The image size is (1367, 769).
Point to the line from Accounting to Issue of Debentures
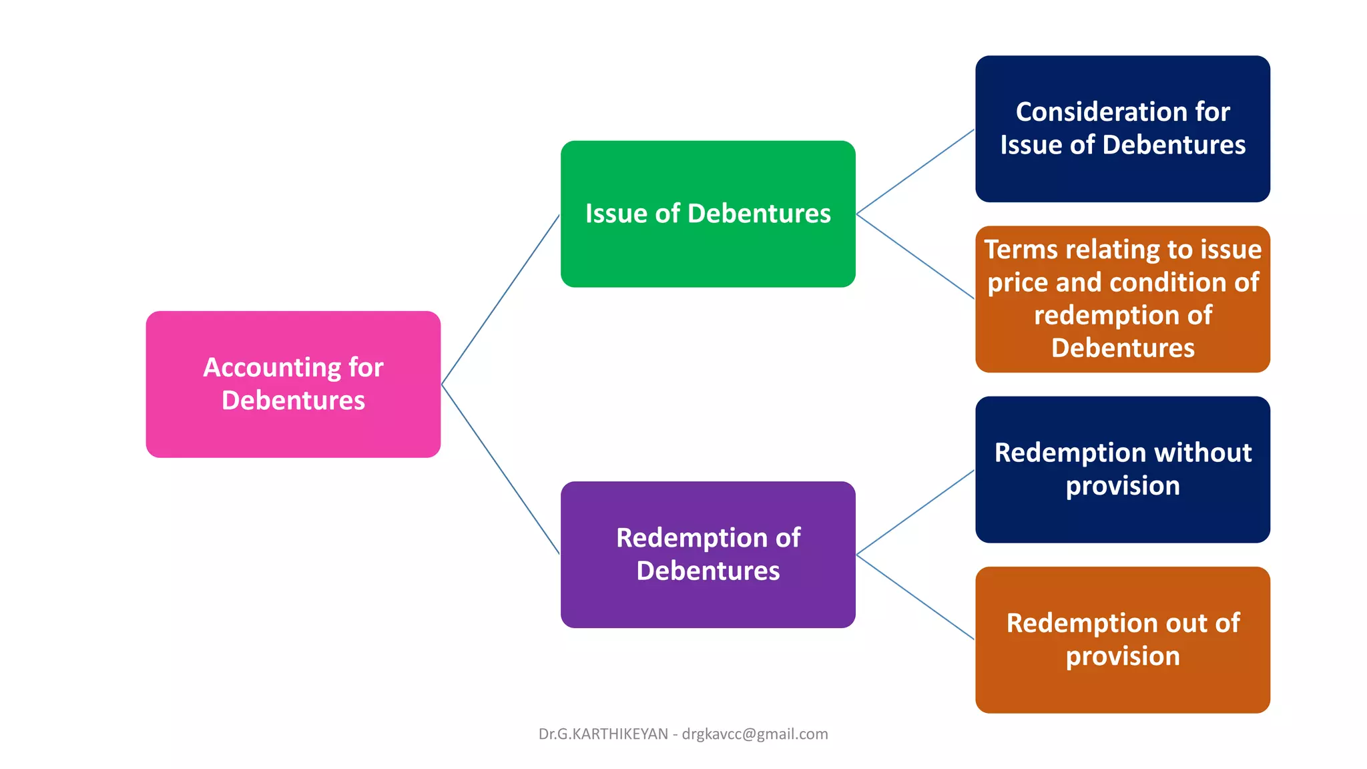tap(501, 299)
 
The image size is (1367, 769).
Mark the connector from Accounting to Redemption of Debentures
tap(501, 469)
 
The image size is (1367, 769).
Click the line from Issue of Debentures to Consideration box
tap(915, 172)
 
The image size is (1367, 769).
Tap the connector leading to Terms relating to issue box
tap(915, 256)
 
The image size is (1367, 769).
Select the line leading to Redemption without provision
tap(915, 512)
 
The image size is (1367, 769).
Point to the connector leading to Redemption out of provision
tap(915, 597)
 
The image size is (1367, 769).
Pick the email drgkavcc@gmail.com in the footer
tap(755, 734)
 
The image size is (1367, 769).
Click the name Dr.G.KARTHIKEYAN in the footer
tap(603, 734)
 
